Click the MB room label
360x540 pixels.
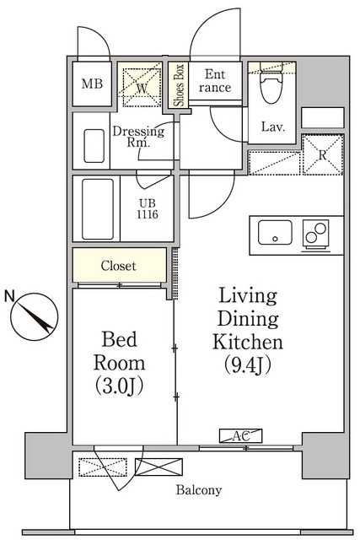pyautogui.click(x=92, y=84)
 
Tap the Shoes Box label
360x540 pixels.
pyautogui.click(x=179, y=85)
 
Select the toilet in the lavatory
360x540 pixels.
pyautogui.click(x=271, y=83)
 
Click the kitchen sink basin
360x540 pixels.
pyautogui.click(x=275, y=233)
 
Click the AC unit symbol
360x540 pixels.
pyautogui.click(x=241, y=435)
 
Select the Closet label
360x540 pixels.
pyautogui.click(x=119, y=266)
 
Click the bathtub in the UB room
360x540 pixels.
pyautogui.click(x=98, y=208)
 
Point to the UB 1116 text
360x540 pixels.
pyautogui.click(x=148, y=209)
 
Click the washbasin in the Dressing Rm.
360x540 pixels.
pyautogui.click(x=94, y=146)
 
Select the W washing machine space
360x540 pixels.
pyautogui.click(x=142, y=86)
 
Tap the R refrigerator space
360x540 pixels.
pyautogui.click(x=322, y=154)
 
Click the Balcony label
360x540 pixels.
pyautogui.click(x=199, y=489)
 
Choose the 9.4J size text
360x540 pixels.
pyautogui.click(x=248, y=364)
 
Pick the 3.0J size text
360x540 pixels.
pyautogui.click(x=119, y=386)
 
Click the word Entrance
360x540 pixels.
pyautogui.click(x=215, y=81)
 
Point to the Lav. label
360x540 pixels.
pyautogui.click(x=273, y=127)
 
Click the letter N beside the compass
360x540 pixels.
pyautogui.click(x=9, y=296)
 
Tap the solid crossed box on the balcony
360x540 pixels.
pyautogui.click(x=159, y=467)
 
